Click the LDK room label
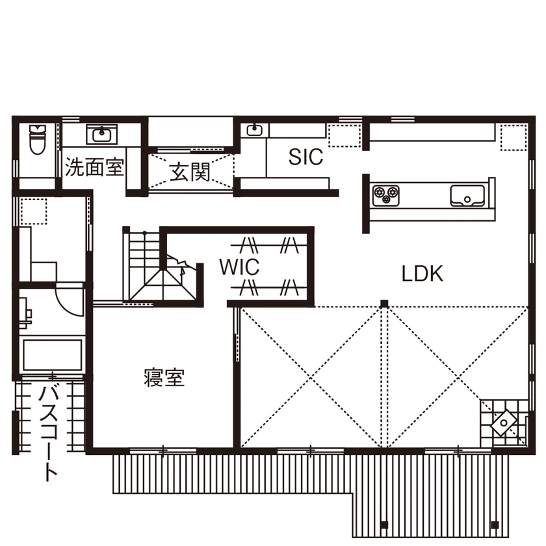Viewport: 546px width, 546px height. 422,274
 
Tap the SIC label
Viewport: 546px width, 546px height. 305,157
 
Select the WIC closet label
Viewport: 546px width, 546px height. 239,266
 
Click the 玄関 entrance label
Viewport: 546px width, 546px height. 190,173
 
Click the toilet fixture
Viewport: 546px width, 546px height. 37,139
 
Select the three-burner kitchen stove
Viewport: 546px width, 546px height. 385,194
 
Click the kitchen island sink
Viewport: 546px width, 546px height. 465,194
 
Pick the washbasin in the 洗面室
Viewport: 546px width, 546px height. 101,135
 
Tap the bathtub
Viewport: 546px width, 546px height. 52,355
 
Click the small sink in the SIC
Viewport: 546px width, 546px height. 253,130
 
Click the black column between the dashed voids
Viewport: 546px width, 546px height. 384,304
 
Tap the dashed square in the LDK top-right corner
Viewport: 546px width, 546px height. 512,136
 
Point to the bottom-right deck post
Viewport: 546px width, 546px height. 496,525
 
